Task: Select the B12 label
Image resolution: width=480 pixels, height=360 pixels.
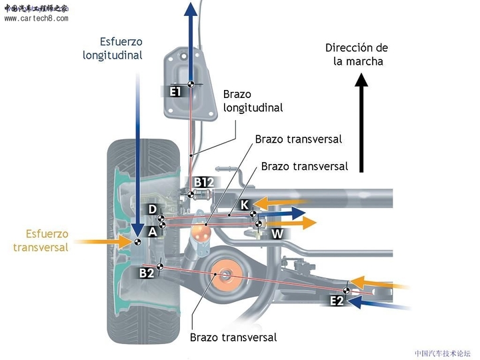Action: click(203, 182)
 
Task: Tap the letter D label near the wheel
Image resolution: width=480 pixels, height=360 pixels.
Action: click(153, 209)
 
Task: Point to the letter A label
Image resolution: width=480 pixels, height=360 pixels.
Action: click(152, 231)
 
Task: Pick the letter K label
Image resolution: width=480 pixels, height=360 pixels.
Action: click(245, 203)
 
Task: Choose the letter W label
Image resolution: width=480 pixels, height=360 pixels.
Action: click(277, 234)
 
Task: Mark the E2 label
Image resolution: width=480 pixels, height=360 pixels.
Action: click(337, 301)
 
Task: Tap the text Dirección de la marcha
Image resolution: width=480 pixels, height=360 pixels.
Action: click(357, 55)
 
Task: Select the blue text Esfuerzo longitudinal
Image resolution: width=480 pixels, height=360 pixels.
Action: click(113, 49)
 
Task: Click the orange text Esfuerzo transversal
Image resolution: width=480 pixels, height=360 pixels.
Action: click(41, 241)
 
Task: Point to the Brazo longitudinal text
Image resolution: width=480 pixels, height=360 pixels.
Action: click(253, 101)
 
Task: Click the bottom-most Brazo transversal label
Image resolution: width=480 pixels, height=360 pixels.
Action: click(233, 337)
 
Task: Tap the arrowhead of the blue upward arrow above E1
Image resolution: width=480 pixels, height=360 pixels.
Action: click(191, 9)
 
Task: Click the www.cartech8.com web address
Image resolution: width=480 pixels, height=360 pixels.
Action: click(36, 19)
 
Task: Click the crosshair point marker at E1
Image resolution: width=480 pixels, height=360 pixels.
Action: click(191, 84)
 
